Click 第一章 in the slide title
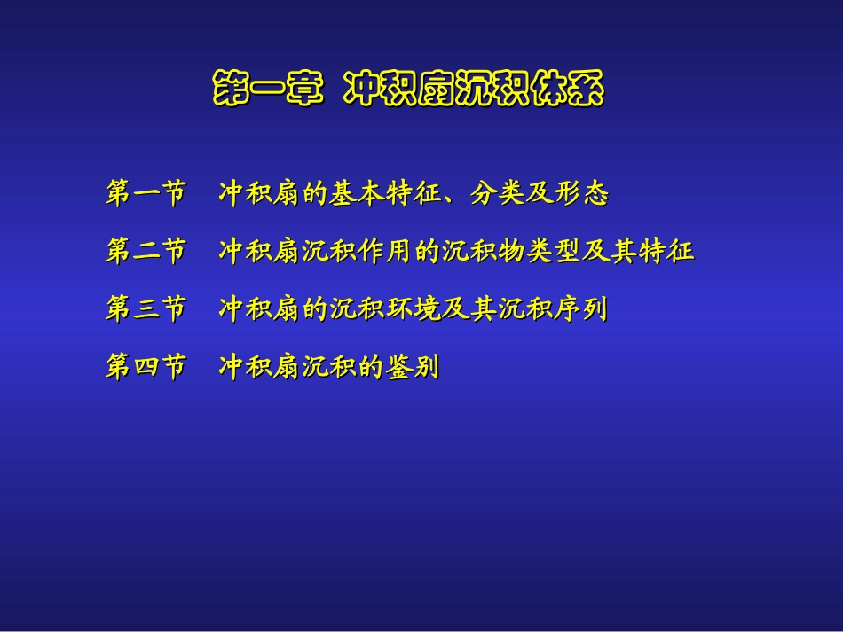pos(267,90)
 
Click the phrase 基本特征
pos(386,194)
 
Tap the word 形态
pos(582,194)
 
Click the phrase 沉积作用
pos(358,252)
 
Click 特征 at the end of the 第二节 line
pos(667,252)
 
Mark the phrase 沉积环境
pos(386,309)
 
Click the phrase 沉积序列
pos(555,309)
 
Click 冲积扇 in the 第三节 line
pos(260,309)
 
